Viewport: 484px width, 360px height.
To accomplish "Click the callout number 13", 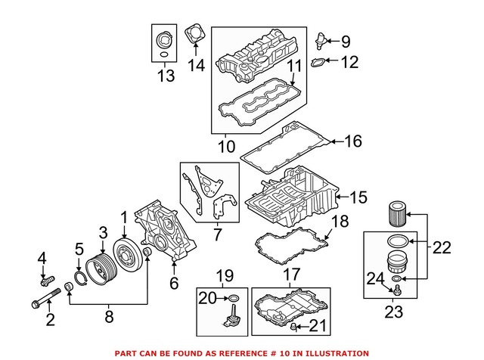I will click(165, 75).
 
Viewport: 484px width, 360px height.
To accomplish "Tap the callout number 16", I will click(354, 141).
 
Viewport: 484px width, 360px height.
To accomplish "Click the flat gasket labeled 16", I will click(284, 148).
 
